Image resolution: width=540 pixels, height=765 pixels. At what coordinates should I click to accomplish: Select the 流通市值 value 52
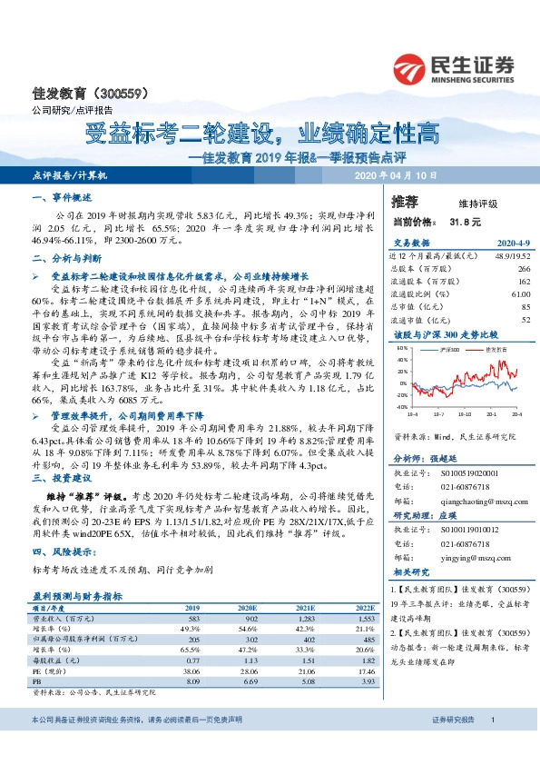tap(525, 321)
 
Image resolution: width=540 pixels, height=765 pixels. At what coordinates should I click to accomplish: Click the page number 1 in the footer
tap(492, 746)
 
